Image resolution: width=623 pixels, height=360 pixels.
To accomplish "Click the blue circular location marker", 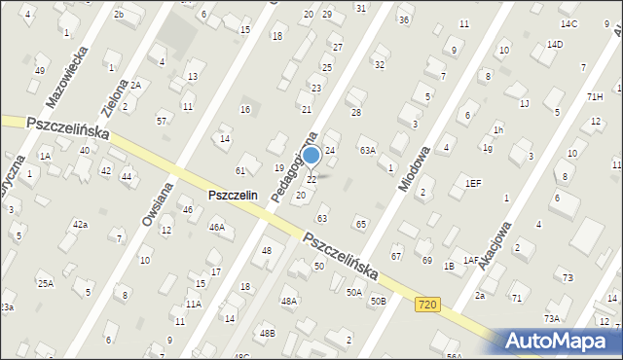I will coord(311,155).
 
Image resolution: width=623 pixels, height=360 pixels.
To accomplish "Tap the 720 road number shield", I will coord(425,305).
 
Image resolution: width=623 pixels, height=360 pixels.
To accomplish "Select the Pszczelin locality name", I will coord(233,195).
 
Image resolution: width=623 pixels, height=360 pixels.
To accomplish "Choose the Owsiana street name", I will coord(157,203).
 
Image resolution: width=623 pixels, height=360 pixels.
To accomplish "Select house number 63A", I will coord(367,150).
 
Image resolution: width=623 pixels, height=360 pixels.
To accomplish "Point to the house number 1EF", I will coord(473,183).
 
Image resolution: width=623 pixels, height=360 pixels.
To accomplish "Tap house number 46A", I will coord(217,227).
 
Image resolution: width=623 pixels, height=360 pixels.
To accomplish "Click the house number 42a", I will coord(80,225).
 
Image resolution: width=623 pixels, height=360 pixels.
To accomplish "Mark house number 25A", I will coord(45,283).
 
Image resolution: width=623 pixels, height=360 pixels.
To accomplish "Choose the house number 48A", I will coord(289,302).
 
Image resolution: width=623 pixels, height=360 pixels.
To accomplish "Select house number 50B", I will coord(378,302).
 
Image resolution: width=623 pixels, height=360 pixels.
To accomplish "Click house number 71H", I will coord(595,96).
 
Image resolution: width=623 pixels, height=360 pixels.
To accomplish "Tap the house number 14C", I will coord(569,23).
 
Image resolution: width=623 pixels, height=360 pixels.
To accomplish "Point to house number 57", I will coord(162,121).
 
